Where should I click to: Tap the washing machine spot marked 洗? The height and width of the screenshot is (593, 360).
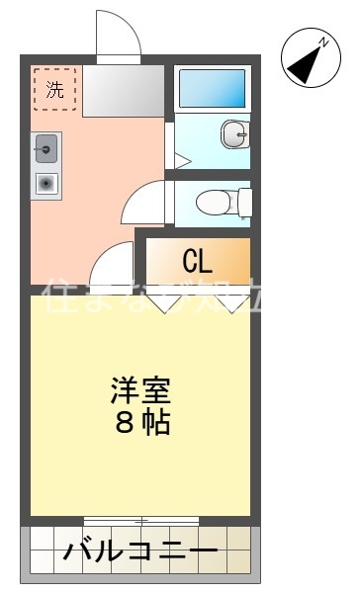[54, 89]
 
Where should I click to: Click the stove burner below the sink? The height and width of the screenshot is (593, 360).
[45, 182]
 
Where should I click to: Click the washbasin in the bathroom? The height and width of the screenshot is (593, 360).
[233, 136]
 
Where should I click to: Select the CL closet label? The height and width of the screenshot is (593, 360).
[197, 262]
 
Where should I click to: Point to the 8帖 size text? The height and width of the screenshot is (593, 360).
[139, 423]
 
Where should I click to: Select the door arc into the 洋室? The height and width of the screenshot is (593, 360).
[111, 264]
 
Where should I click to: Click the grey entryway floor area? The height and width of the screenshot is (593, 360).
[123, 91]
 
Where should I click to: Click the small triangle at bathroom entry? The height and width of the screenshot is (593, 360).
[182, 159]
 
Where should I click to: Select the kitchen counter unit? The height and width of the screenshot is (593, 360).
[45, 166]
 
